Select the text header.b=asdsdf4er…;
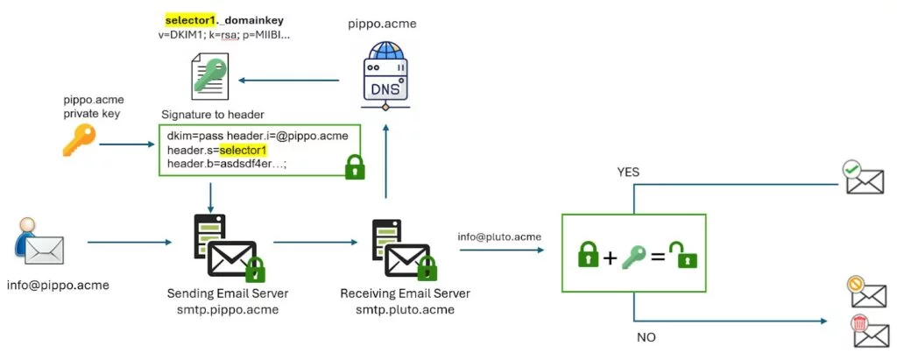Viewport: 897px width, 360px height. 226,164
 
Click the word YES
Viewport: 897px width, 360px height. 627,172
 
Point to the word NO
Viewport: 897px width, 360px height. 644,337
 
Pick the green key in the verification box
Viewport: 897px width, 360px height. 633,255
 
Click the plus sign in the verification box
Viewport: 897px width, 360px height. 609,256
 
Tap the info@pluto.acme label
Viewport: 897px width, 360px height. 499,236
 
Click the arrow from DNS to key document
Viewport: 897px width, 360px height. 290,81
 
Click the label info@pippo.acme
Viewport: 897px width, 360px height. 45,285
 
